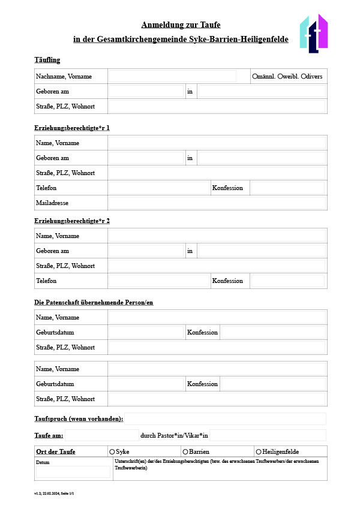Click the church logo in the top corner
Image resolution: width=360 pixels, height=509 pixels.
click(313, 34)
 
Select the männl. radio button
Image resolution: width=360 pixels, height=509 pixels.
click(255, 77)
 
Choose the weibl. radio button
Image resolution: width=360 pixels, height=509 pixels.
click(280, 77)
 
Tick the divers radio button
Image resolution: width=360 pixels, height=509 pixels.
click(303, 77)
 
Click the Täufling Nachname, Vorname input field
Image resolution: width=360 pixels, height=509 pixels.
click(172, 77)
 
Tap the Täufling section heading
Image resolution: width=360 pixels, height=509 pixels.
click(47, 60)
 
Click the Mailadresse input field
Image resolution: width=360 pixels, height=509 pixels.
click(217, 203)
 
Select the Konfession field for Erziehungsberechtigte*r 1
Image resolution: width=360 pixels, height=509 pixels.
click(287, 188)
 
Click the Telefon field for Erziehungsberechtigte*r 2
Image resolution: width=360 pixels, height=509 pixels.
click(159, 281)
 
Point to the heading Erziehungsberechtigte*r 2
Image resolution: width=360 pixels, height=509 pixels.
click(72, 221)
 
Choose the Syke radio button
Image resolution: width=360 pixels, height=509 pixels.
click(112, 451)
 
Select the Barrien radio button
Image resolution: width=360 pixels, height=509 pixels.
click(185, 451)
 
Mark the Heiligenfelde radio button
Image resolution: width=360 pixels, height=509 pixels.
click(259, 451)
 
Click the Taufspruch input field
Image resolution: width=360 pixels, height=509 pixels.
click(225, 418)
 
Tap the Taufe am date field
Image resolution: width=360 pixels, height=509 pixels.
click(101, 435)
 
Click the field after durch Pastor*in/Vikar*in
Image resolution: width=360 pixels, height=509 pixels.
click(268, 435)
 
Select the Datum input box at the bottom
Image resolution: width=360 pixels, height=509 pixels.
click(73, 472)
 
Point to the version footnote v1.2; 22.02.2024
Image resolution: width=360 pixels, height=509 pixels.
click(53, 493)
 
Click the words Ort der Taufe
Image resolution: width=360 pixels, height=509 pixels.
click(56, 451)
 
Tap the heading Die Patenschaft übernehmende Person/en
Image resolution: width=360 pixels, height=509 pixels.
click(94, 302)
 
